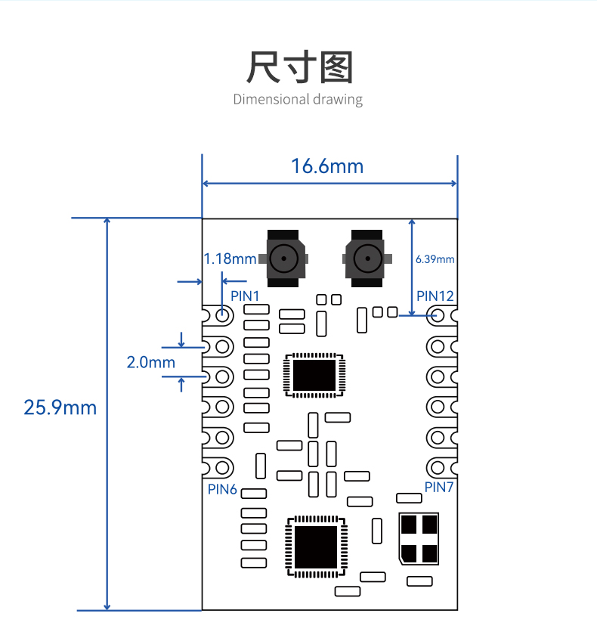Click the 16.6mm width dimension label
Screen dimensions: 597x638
327,166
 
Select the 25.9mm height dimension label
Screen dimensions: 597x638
60,407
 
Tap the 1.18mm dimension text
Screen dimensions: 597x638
230,259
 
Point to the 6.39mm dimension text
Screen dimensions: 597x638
435,259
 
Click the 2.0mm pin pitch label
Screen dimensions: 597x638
151,362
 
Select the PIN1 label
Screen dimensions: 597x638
245,296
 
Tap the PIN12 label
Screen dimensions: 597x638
435,296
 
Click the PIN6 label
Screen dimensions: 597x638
222,489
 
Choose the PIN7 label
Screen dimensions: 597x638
439,487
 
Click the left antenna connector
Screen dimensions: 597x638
283,259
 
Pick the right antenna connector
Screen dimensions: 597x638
367,259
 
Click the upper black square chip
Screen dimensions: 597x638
314,375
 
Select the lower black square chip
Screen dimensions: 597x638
316,547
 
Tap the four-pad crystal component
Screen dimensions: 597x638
419,539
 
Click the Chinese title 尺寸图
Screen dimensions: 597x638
299,67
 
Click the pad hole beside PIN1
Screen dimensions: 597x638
222,314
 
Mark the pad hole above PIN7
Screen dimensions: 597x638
438,467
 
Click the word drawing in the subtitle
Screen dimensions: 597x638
338,100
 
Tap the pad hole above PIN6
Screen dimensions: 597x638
222,467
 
